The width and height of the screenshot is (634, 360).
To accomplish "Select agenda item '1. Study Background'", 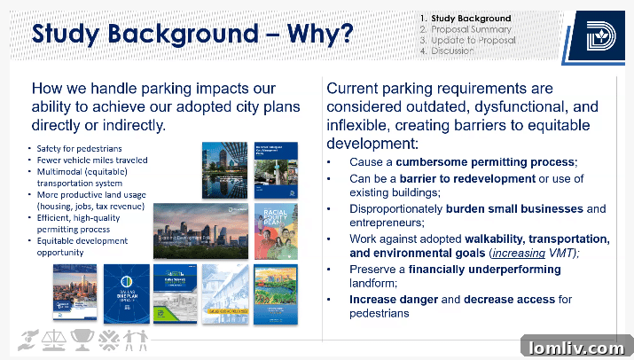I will [x=466, y=18].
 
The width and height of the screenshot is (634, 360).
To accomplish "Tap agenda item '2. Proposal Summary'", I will [x=466, y=29].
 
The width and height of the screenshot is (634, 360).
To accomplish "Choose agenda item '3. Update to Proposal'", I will [x=468, y=40].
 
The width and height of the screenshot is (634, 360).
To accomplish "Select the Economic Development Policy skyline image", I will [x=201, y=231].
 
